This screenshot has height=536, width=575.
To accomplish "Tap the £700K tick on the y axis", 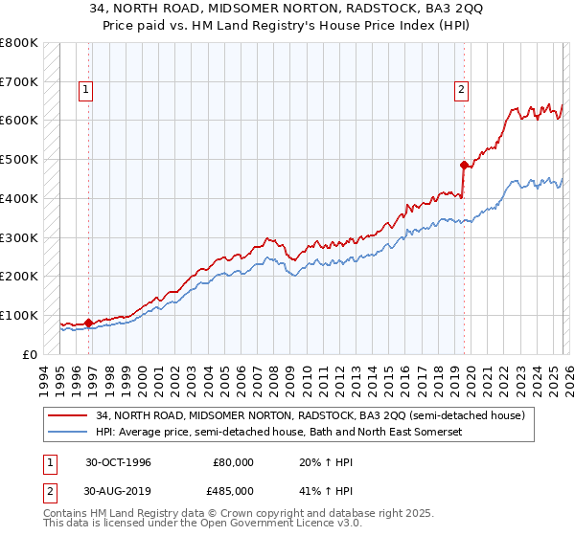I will (x=19, y=82).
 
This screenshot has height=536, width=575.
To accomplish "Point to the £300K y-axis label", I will (x=19, y=237).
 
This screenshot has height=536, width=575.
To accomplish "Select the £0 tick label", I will (x=30, y=354).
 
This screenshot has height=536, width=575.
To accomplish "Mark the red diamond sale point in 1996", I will (x=89, y=323).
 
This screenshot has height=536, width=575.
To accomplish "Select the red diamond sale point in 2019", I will (x=463, y=165).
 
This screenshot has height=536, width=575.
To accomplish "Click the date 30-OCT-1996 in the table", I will (x=118, y=461).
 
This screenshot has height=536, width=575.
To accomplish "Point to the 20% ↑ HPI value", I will (x=317, y=461).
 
